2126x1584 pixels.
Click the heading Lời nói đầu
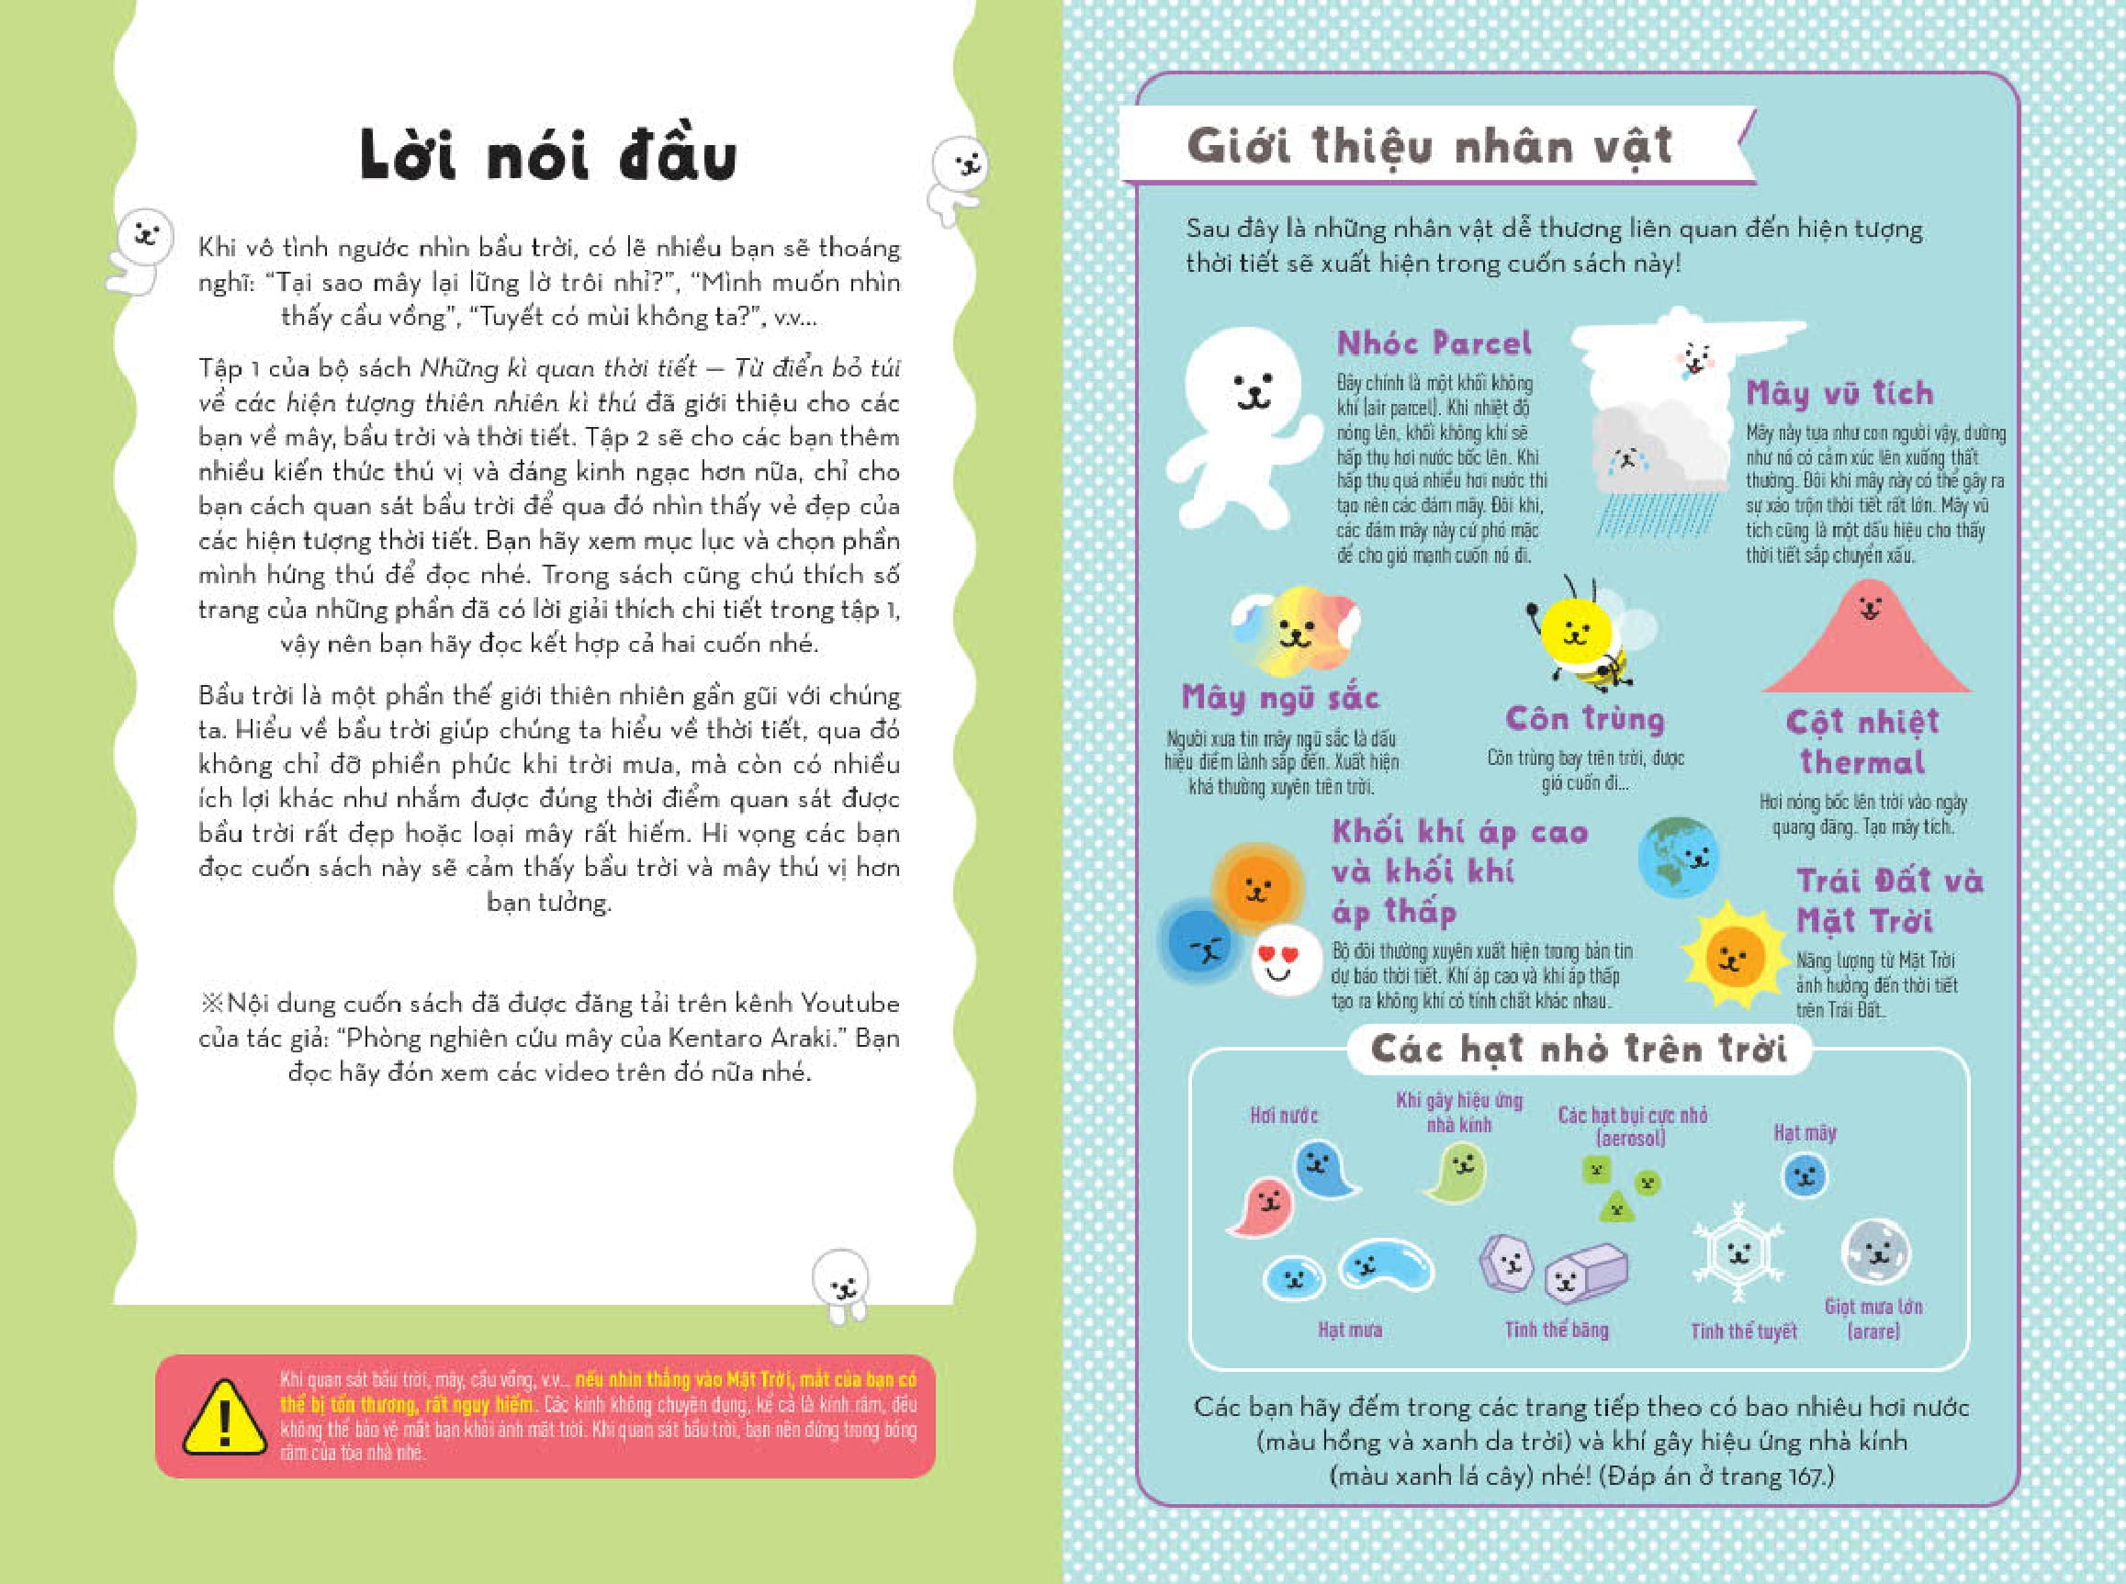tap(548, 156)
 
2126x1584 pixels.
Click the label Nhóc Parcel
tap(1434, 343)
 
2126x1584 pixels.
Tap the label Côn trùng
tap(1584, 718)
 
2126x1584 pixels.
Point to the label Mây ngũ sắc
tap(1279, 697)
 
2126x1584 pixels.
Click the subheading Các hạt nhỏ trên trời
tap(1579, 1049)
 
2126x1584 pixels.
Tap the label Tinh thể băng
tap(1556, 1330)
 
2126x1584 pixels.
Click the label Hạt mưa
tap(1349, 1330)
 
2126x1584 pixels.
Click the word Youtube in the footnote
tap(849, 1004)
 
